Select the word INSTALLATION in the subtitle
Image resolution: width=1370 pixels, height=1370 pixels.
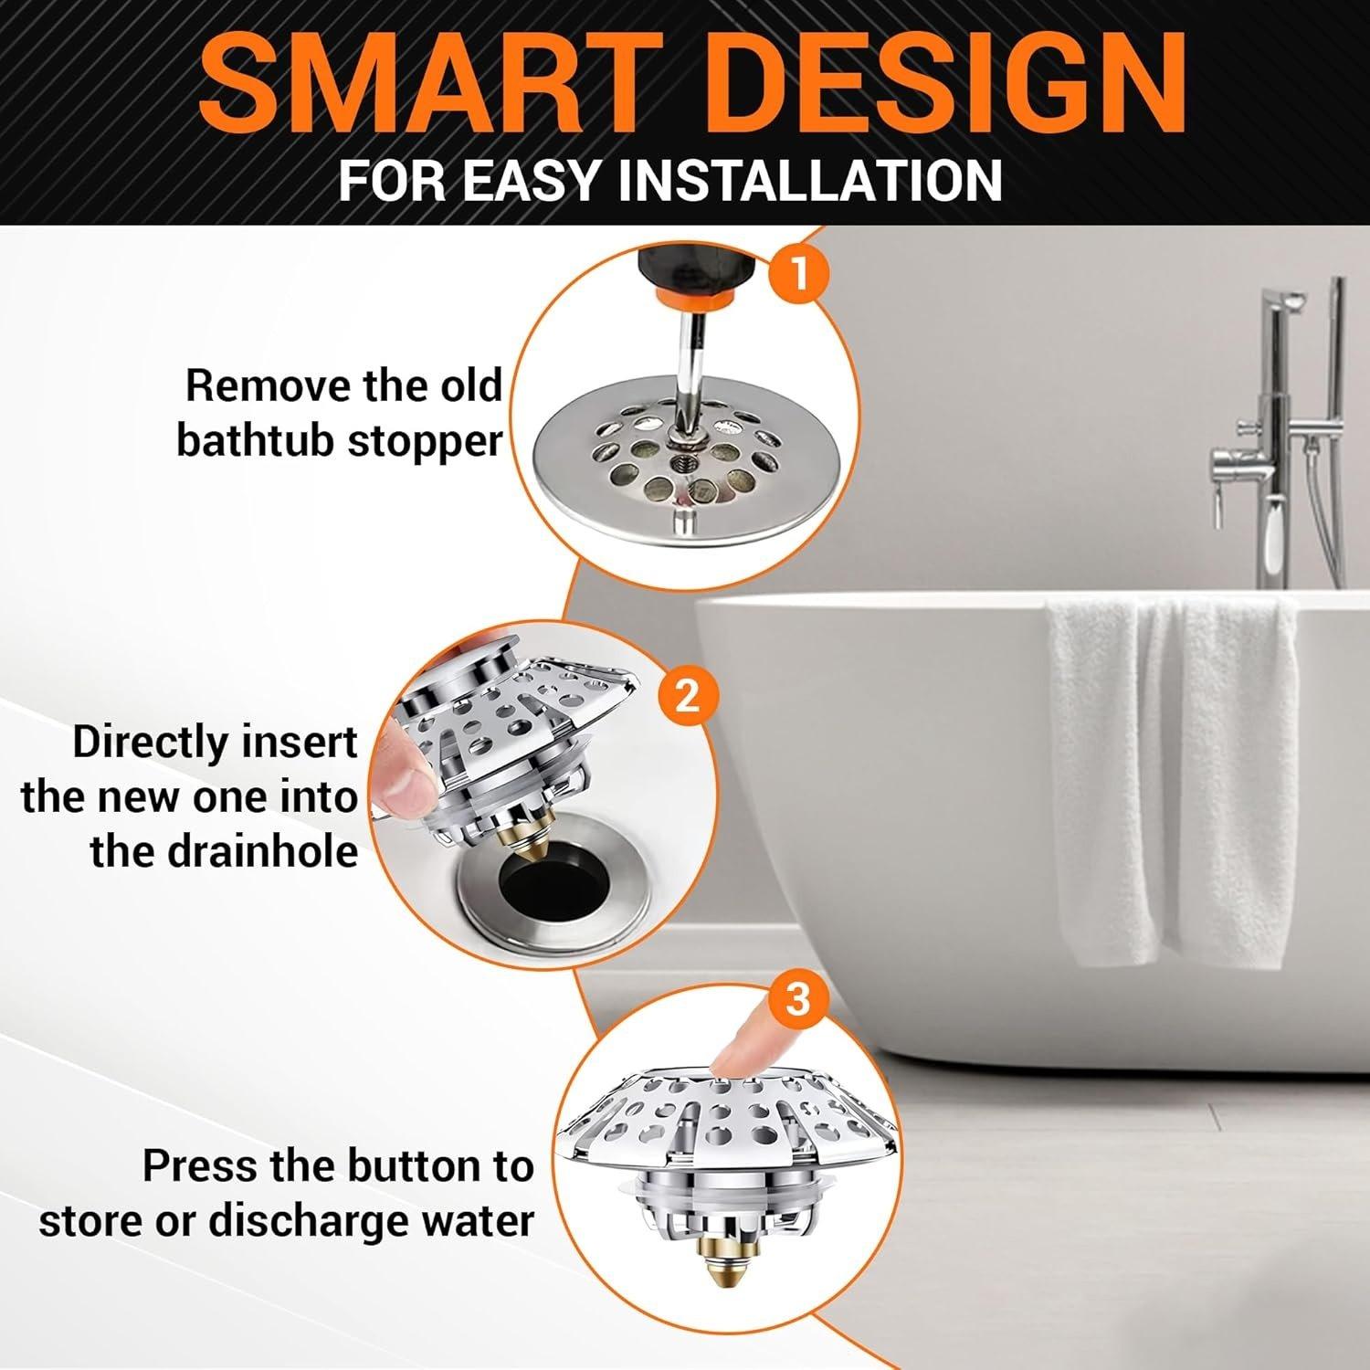(x=810, y=179)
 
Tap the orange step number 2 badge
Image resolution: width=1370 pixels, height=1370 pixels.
(x=687, y=697)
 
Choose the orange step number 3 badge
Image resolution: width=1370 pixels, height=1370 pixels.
(x=797, y=998)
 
